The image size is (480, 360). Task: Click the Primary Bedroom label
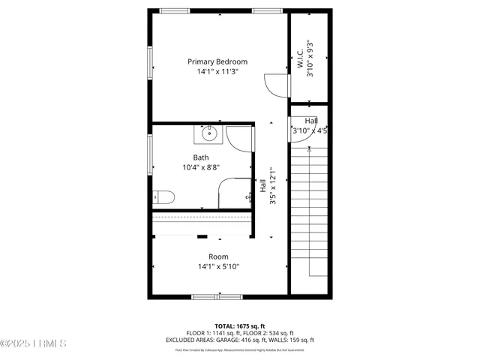click(x=217, y=61)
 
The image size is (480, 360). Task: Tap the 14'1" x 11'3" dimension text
click(x=217, y=72)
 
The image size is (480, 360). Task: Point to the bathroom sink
click(x=208, y=135)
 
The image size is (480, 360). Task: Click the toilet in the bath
click(x=163, y=197)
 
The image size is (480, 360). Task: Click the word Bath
click(x=201, y=157)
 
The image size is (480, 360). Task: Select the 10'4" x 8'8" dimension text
click(x=201, y=168)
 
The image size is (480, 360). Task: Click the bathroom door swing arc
click(x=240, y=139)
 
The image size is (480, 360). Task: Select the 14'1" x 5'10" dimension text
click(x=218, y=267)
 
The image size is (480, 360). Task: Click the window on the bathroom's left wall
click(x=150, y=154)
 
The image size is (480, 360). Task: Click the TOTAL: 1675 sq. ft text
click(x=240, y=325)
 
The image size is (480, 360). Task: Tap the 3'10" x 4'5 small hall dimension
click(x=310, y=130)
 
